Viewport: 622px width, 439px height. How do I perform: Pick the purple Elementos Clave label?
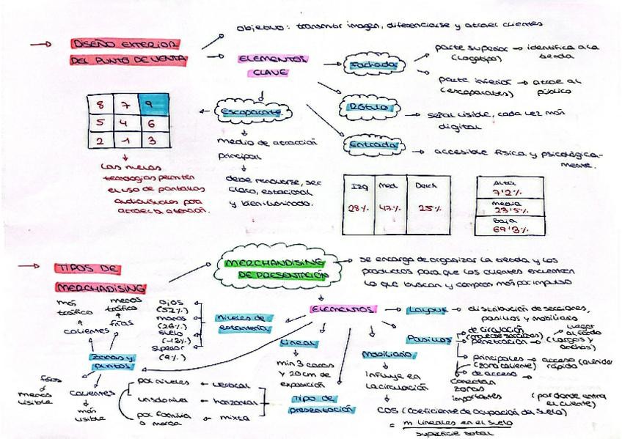(271, 65)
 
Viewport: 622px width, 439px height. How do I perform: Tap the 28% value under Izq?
(359, 208)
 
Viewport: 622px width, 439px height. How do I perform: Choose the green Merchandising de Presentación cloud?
(277, 269)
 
